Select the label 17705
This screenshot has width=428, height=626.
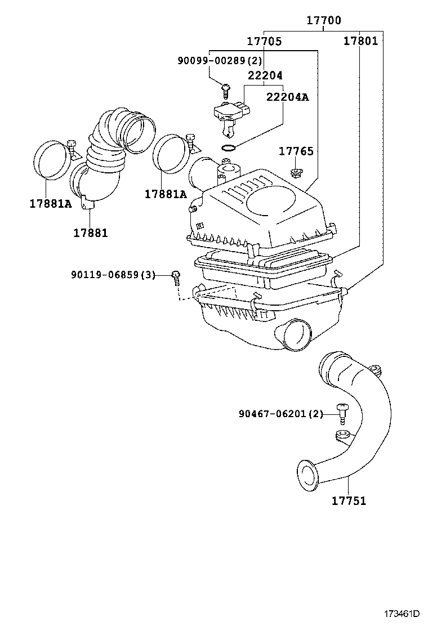pyautogui.click(x=264, y=41)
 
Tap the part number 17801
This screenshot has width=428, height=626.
pyautogui.click(x=360, y=41)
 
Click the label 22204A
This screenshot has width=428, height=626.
pyautogui.click(x=287, y=97)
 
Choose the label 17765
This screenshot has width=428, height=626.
pyautogui.click(x=296, y=151)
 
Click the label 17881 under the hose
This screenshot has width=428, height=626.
pyautogui.click(x=90, y=232)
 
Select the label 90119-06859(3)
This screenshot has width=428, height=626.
pyautogui.click(x=113, y=274)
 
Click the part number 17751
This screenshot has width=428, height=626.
pyautogui.click(x=349, y=500)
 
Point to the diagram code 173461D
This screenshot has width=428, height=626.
pyautogui.click(x=403, y=613)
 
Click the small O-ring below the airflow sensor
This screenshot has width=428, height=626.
pyautogui.click(x=228, y=148)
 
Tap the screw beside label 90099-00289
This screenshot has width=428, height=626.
pyautogui.click(x=225, y=88)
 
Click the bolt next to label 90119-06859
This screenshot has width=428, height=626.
pyautogui.click(x=176, y=275)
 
